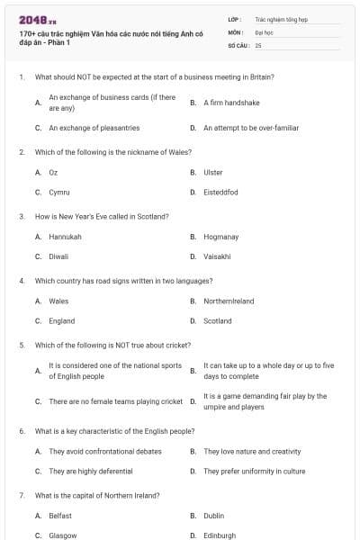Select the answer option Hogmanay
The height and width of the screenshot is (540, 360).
coord(220,237)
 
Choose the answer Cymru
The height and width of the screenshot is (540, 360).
coord(59,192)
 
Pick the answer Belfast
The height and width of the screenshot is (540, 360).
coord(60,516)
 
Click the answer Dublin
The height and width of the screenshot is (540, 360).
coord(213,516)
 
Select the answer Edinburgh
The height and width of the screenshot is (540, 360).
coord(220,535)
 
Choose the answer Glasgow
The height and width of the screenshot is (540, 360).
coord(62,535)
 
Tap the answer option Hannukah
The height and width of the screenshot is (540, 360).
coord(65,237)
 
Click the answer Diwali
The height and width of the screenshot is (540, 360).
coord(58,256)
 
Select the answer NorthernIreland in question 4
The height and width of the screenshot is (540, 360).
coord(229,301)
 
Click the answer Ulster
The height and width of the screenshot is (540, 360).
coord(213,172)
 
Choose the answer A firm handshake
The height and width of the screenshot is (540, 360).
coord(231,103)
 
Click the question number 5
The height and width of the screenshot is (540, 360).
coord(21,345)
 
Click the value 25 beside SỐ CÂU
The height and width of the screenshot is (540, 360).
coord(258,44)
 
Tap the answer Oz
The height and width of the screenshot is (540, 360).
coord(53,172)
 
